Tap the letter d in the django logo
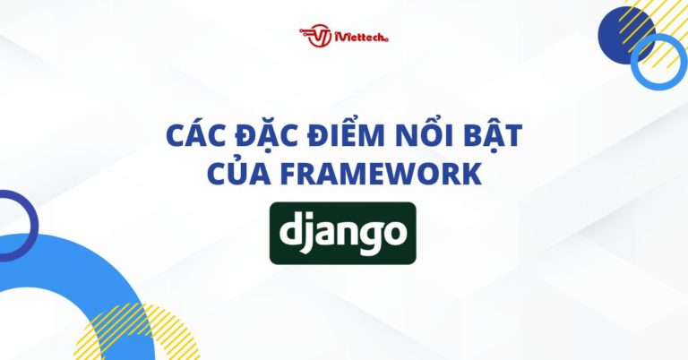(x=294, y=231)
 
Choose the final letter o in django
(x=395, y=235)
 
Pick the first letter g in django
(x=373, y=237)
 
